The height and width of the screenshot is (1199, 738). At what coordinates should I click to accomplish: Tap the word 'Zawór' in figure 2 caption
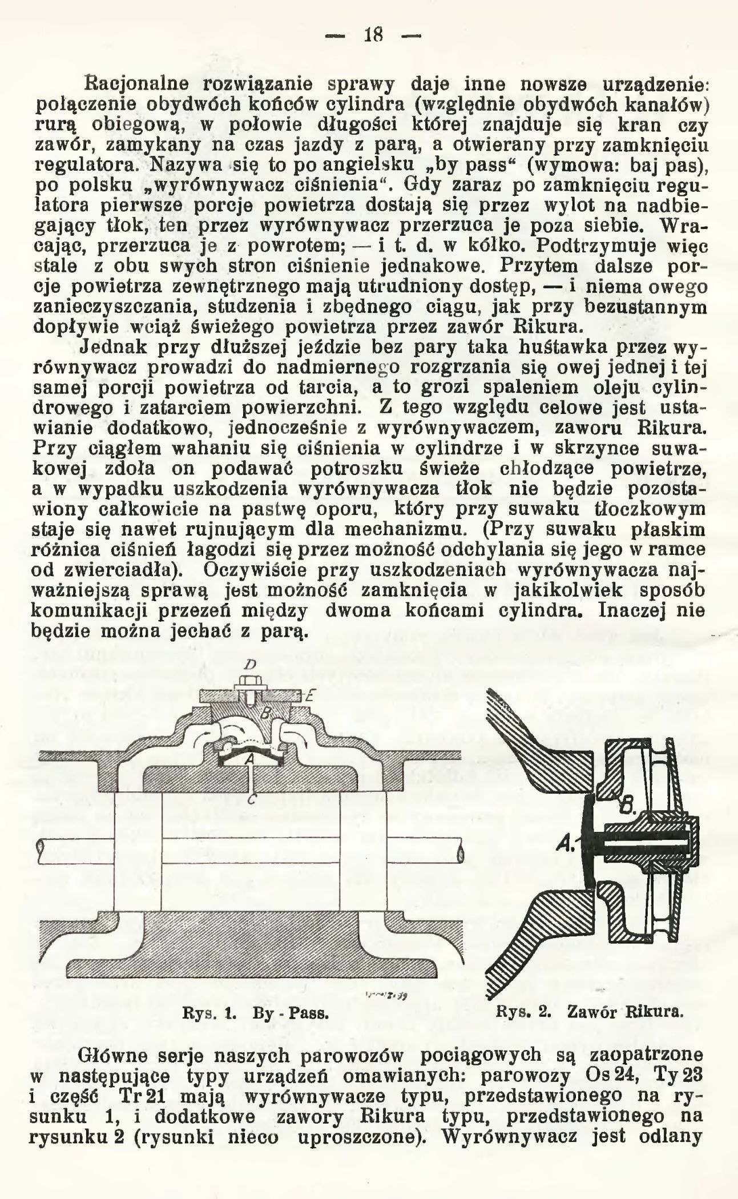tap(588, 1013)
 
